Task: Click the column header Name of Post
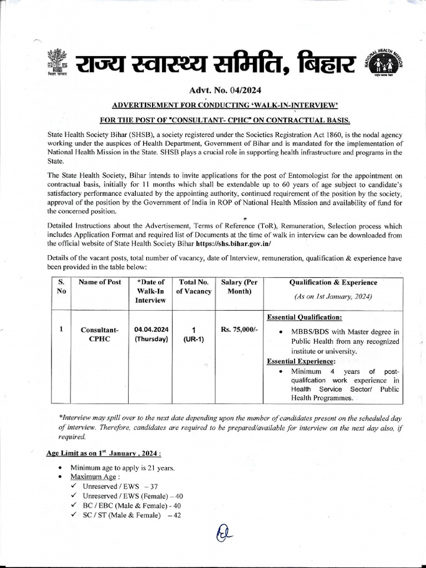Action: coord(100,282)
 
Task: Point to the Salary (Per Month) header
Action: coord(236,287)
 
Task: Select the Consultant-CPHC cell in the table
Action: coord(100,334)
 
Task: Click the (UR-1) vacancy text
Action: coord(194,339)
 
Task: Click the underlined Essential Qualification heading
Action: coord(305,317)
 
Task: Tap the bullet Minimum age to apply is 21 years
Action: coord(123,468)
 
